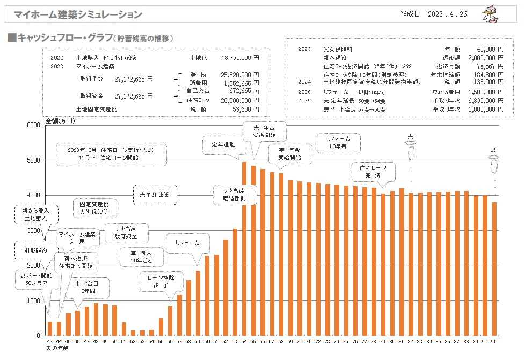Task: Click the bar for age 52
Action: tap(133, 333)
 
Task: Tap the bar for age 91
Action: tap(493, 269)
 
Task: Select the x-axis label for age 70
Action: tap(300, 342)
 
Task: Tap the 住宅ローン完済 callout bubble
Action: tap(373, 172)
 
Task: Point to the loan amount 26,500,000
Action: tap(237, 100)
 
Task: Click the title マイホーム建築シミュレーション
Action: tap(78, 14)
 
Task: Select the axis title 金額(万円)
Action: tap(60, 121)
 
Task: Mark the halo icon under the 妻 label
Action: tap(493, 157)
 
